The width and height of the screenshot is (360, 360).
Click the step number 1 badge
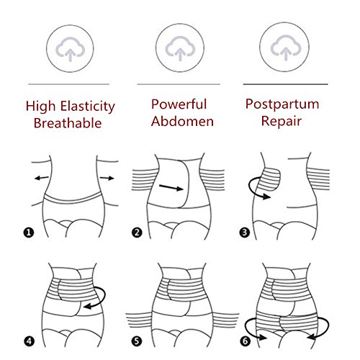pyautogui.click(x=29, y=233)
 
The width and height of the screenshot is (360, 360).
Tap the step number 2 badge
pyautogui.click(x=137, y=233)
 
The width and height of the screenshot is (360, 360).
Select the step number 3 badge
pyautogui.click(x=245, y=233)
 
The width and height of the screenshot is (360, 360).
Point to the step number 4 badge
pyautogui.click(x=29, y=341)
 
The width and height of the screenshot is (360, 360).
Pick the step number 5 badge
pyautogui.click(x=137, y=341)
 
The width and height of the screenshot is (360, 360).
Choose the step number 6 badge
pyautogui.click(x=245, y=341)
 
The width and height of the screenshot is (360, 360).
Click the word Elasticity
pyautogui.click(x=88, y=107)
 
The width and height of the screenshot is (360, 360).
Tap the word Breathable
pyautogui.click(x=68, y=123)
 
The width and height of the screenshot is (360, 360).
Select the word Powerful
pyautogui.click(x=179, y=104)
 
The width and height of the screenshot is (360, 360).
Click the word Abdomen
pyautogui.click(x=182, y=121)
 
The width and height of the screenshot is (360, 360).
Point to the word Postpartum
pyautogui.click(x=282, y=104)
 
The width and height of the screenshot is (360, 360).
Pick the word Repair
pyautogui.click(x=282, y=121)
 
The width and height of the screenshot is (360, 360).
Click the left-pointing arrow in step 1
pyautogui.click(x=42, y=178)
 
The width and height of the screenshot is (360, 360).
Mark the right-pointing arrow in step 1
pyautogui.click(x=107, y=178)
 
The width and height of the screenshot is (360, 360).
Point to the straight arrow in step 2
pyautogui.click(x=171, y=187)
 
